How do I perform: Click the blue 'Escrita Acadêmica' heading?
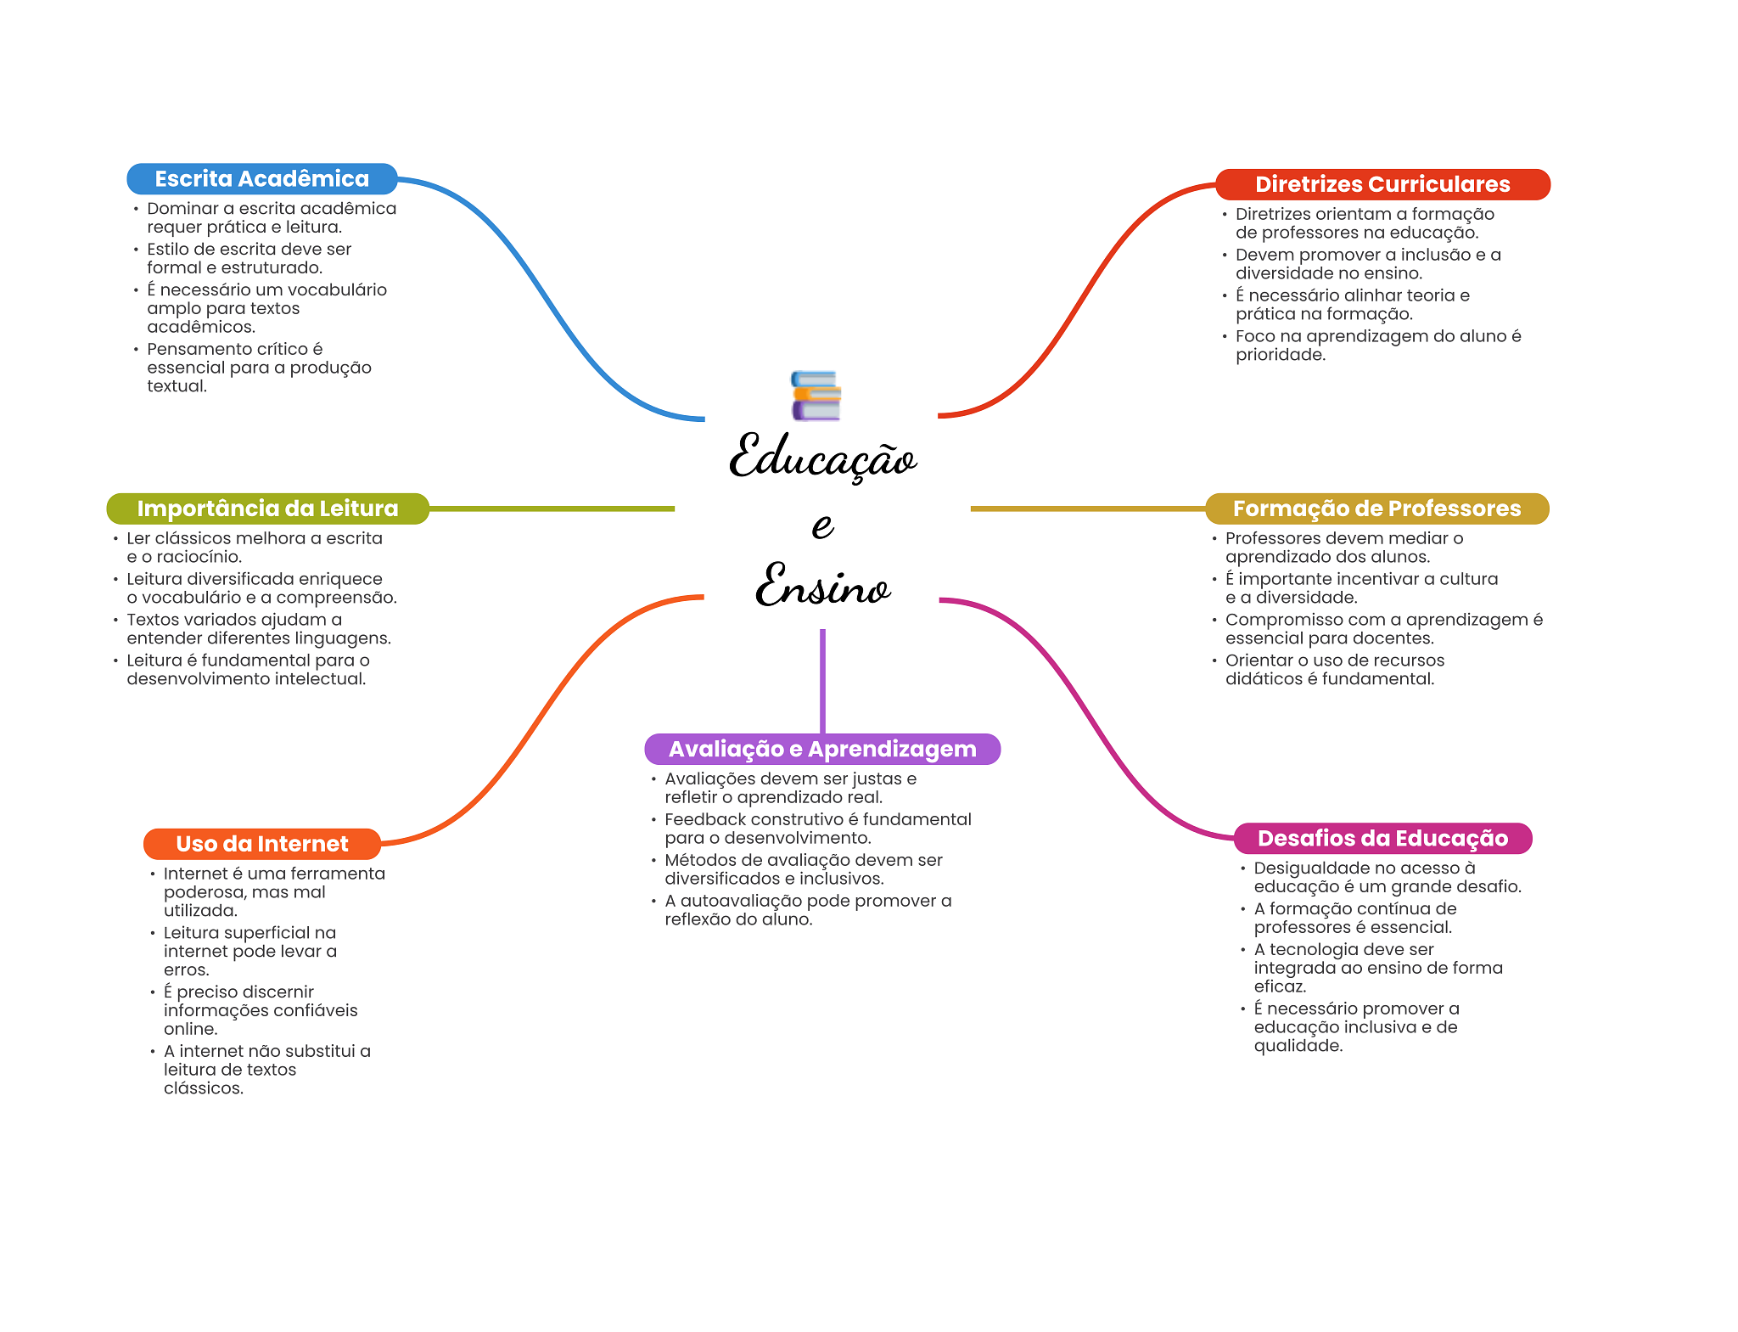[x=262, y=179]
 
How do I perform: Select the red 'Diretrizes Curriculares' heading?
[x=1382, y=184]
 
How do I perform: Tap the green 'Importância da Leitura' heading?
[x=267, y=509]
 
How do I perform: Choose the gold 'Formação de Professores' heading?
[x=1376, y=509]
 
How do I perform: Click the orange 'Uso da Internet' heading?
[x=262, y=844]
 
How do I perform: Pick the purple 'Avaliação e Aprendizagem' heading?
[x=822, y=749]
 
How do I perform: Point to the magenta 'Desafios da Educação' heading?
[x=1382, y=838]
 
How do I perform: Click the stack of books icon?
[x=816, y=396]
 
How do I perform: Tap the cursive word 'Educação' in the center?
[x=822, y=457]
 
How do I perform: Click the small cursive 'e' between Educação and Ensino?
[x=822, y=526]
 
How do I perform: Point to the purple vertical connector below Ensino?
[x=822, y=681]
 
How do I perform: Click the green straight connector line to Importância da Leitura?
[x=552, y=509]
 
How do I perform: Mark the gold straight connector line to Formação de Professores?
[x=1088, y=509]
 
